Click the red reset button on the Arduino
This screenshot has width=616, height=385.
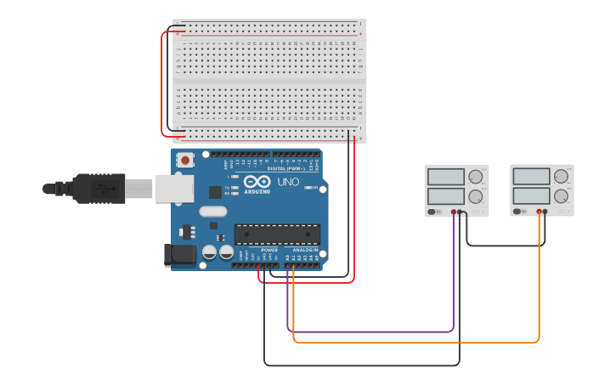point(184,159)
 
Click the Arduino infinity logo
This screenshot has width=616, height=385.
point(256,182)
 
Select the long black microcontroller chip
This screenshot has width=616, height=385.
point(277,234)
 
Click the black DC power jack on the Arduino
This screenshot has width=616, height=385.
point(177,253)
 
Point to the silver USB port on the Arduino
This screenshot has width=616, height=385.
point(174,189)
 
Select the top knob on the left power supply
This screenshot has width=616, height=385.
point(475,177)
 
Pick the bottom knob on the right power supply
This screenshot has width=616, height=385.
point(561,196)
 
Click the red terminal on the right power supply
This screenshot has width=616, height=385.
point(539,211)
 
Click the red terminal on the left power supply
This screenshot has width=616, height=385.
point(454,211)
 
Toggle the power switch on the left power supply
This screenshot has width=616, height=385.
point(432,211)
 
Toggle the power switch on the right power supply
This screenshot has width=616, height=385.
point(518,211)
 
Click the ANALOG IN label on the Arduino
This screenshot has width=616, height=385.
point(306,251)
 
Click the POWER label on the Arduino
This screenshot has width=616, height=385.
point(269,251)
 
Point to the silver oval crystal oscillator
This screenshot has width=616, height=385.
point(214,211)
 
